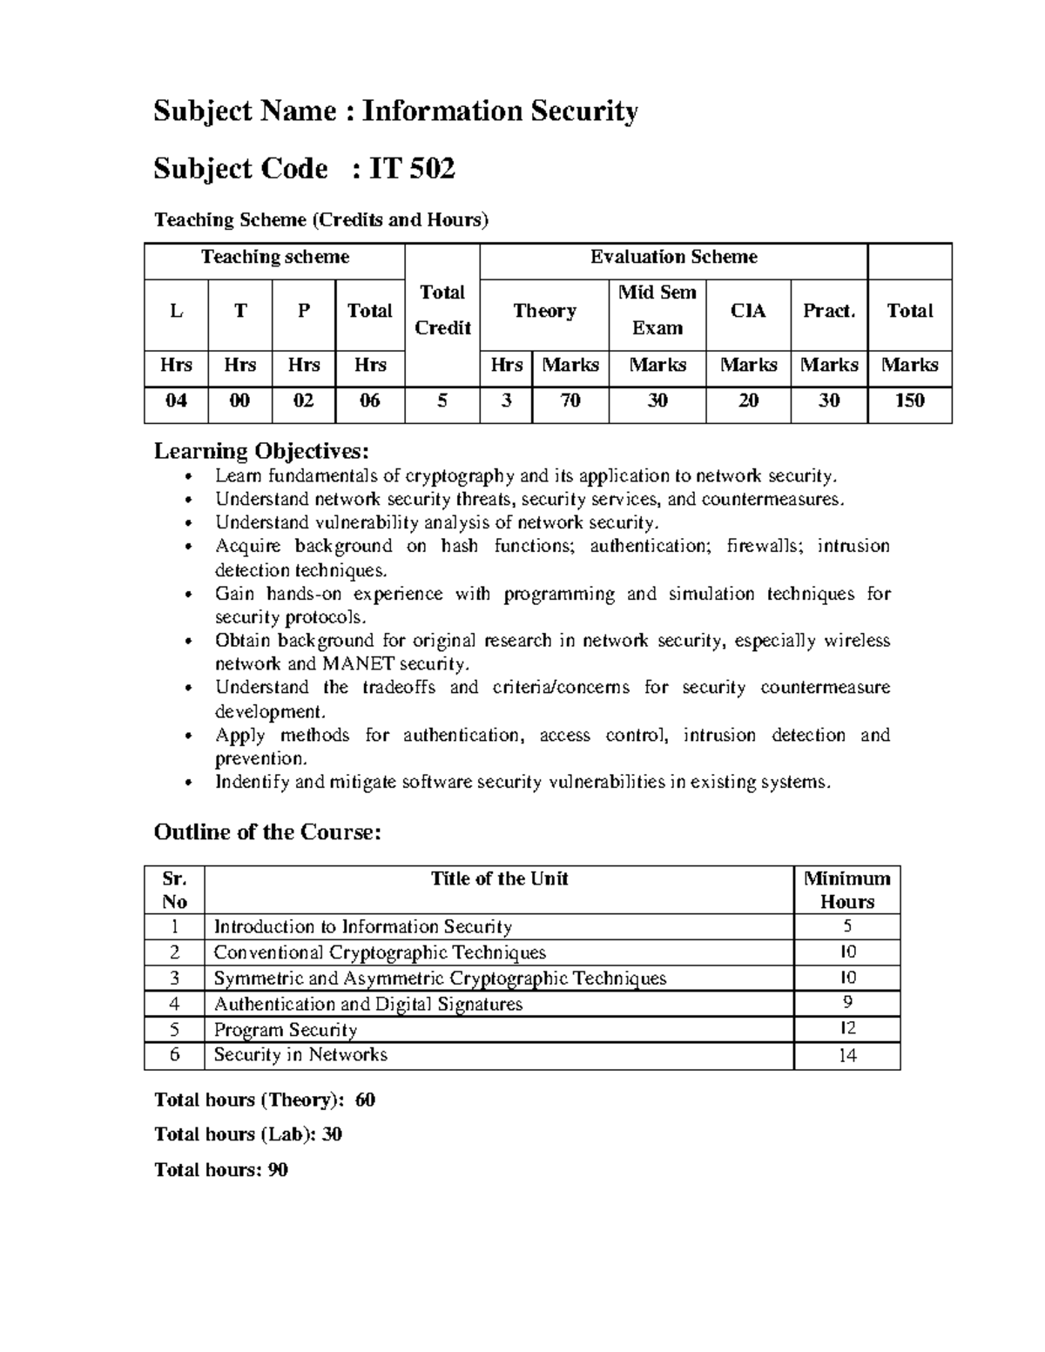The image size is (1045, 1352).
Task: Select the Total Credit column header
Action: click(442, 310)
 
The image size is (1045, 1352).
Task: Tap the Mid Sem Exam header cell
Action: click(657, 310)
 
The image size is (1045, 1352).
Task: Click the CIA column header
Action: click(748, 311)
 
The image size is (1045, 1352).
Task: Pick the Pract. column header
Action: click(829, 311)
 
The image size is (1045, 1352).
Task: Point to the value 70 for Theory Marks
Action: click(570, 400)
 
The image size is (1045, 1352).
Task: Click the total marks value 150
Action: click(909, 400)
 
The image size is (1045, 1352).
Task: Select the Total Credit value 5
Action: click(442, 400)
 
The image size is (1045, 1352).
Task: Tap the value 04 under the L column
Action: click(176, 400)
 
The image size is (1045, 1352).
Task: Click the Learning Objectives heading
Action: click(261, 451)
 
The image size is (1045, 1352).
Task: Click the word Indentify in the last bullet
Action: click(252, 782)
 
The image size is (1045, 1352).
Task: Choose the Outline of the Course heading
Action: click(267, 832)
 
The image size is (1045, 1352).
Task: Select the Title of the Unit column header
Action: click(499, 878)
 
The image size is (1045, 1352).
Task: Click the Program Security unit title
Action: click(286, 1030)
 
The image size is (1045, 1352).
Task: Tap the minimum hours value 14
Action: click(847, 1056)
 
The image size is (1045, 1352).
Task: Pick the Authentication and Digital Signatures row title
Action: click(368, 1004)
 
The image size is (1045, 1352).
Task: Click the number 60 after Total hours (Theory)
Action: click(365, 1100)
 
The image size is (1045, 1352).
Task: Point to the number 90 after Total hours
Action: click(278, 1170)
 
